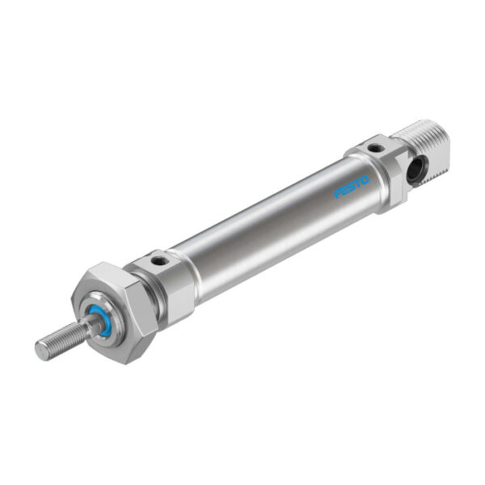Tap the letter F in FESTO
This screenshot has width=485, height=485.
(338, 193)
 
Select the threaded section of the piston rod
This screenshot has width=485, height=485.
(61, 340)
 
